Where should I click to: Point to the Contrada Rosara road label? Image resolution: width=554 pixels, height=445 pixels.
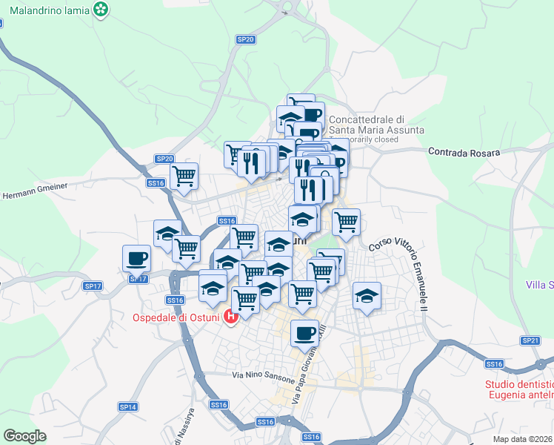click(464, 152)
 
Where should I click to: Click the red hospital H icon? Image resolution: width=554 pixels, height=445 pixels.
click(230, 318)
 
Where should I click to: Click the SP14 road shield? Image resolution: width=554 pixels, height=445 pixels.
click(128, 407)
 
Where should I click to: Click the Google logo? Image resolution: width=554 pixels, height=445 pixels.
click(24, 436)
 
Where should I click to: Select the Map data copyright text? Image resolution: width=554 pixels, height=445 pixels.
click(523, 439)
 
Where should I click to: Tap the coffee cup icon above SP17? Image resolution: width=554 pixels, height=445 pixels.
click(136, 260)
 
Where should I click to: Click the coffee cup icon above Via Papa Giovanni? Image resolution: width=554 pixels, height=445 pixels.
click(304, 334)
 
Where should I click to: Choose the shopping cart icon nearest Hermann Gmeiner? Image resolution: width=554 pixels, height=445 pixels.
click(184, 177)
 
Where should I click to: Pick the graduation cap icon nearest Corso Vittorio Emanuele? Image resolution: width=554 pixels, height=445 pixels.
click(367, 296)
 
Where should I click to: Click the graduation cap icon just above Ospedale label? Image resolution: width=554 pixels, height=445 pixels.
click(213, 286)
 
